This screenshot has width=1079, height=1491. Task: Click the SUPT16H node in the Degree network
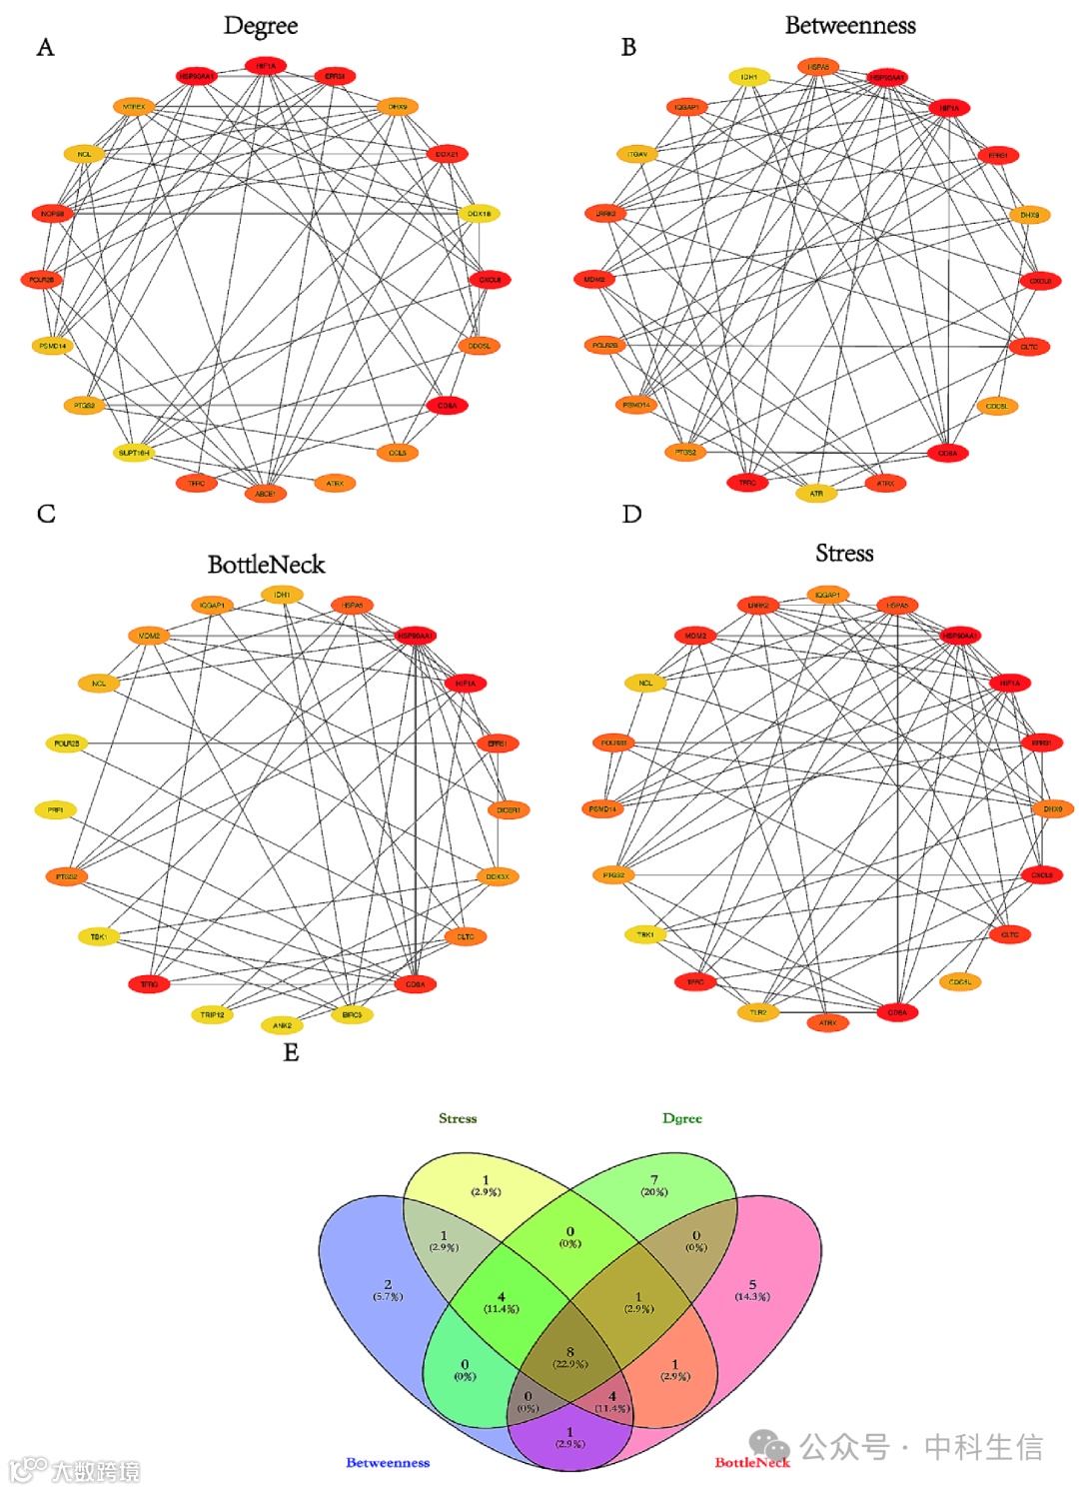[134, 453]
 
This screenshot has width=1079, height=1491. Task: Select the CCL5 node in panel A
[398, 453]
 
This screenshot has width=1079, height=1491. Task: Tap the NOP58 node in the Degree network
[52, 213]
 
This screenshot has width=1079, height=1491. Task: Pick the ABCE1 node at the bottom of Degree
[265, 493]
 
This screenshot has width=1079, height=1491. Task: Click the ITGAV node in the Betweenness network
[637, 154]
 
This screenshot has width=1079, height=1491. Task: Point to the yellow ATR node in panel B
[816, 493]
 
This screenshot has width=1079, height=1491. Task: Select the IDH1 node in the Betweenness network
[748, 77]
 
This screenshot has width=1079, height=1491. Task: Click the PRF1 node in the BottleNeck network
[56, 809]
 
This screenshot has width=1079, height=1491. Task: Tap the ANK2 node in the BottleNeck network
[282, 1024]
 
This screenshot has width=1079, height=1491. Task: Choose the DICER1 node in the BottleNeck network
[508, 809]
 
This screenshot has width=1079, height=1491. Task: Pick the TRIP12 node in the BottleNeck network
[212, 1014]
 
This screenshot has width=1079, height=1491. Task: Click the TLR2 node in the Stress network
[758, 1012]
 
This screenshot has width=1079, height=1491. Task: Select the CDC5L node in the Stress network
[960, 981]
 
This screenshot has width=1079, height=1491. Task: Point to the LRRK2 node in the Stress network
[758, 605]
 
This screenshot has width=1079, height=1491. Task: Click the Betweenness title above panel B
[850, 26]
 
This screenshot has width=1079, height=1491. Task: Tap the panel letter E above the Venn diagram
[291, 1052]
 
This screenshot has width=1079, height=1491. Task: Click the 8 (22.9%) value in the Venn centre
[570, 1357]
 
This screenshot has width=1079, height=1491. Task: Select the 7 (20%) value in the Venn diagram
[654, 1185]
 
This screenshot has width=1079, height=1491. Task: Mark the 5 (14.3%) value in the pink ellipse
[752, 1290]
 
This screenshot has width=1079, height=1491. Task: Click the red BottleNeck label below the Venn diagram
[752, 1462]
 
